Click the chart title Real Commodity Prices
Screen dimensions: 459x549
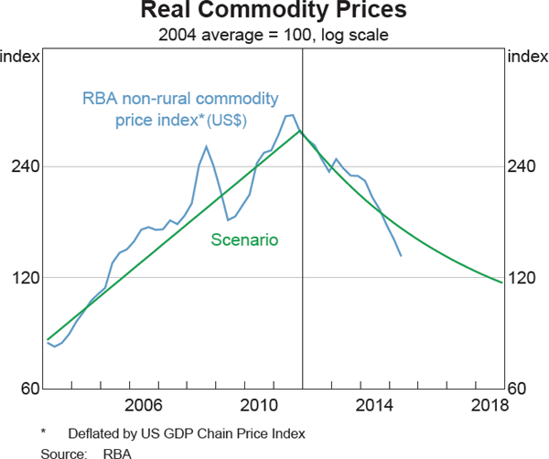coord(274,13)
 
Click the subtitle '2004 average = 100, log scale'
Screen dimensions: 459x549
coord(274,35)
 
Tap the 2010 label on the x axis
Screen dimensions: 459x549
coord(259,405)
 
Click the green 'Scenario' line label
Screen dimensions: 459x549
coord(244,240)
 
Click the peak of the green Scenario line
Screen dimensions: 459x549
coord(300,132)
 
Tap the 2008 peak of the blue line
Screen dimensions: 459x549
coord(206,146)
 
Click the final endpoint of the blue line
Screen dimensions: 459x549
coord(401,255)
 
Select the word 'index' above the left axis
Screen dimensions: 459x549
coord(20,57)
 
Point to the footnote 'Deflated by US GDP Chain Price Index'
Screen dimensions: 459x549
coord(186,432)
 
